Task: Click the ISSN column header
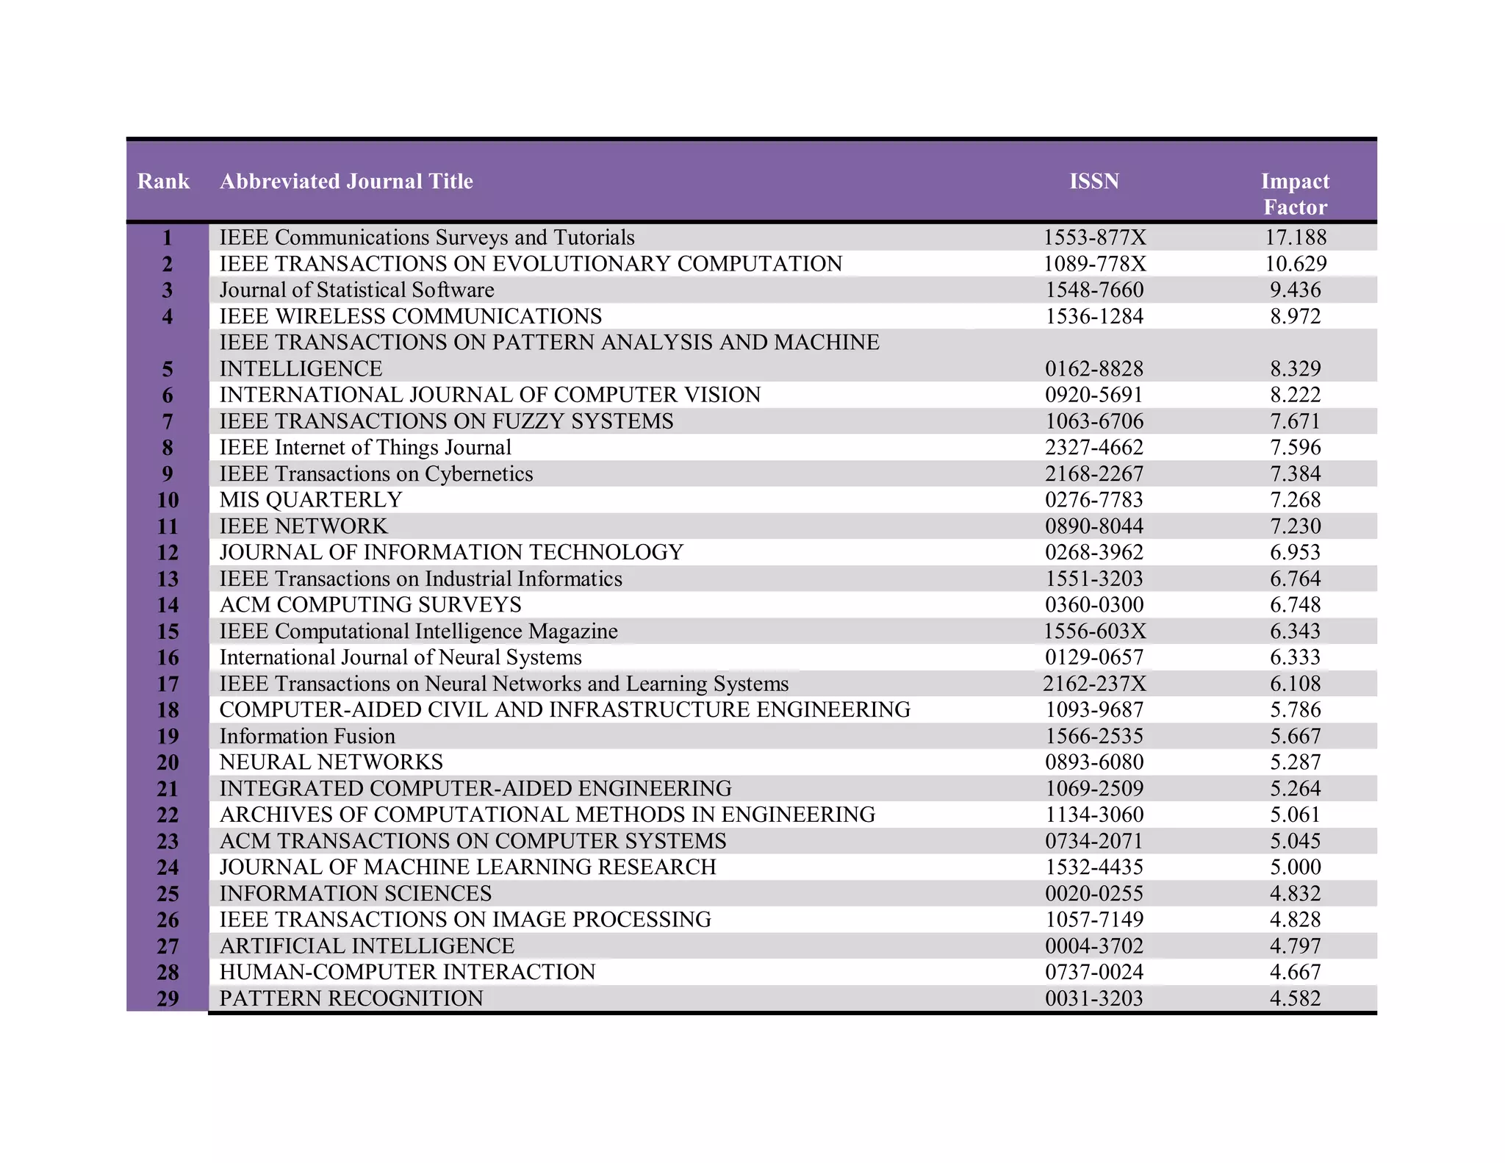(x=1093, y=182)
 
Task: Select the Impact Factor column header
(x=1295, y=194)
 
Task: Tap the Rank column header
(x=163, y=182)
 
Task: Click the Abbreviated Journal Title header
(x=346, y=182)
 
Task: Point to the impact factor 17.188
(x=1296, y=237)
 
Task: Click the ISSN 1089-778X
(x=1094, y=264)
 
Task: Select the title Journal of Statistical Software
(x=356, y=290)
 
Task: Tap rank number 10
(x=168, y=500)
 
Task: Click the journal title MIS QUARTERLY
(x=311, y=500)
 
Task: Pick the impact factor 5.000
(x=1296, y=867)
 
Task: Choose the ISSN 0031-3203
(x=1094, y=998)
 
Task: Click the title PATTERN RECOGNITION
(x=351, y=998)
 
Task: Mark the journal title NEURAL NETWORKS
(x=331, y=762)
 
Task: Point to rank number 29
(x=168, y=998)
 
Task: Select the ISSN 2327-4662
(x=1094, y=447)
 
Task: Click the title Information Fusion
(x=307, y=736)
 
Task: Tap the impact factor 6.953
(x=1296, y=552)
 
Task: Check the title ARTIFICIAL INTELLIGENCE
(x=367, y=946)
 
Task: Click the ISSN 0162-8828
(x=1094, y=368)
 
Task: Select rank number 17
(x=168, y=684)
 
